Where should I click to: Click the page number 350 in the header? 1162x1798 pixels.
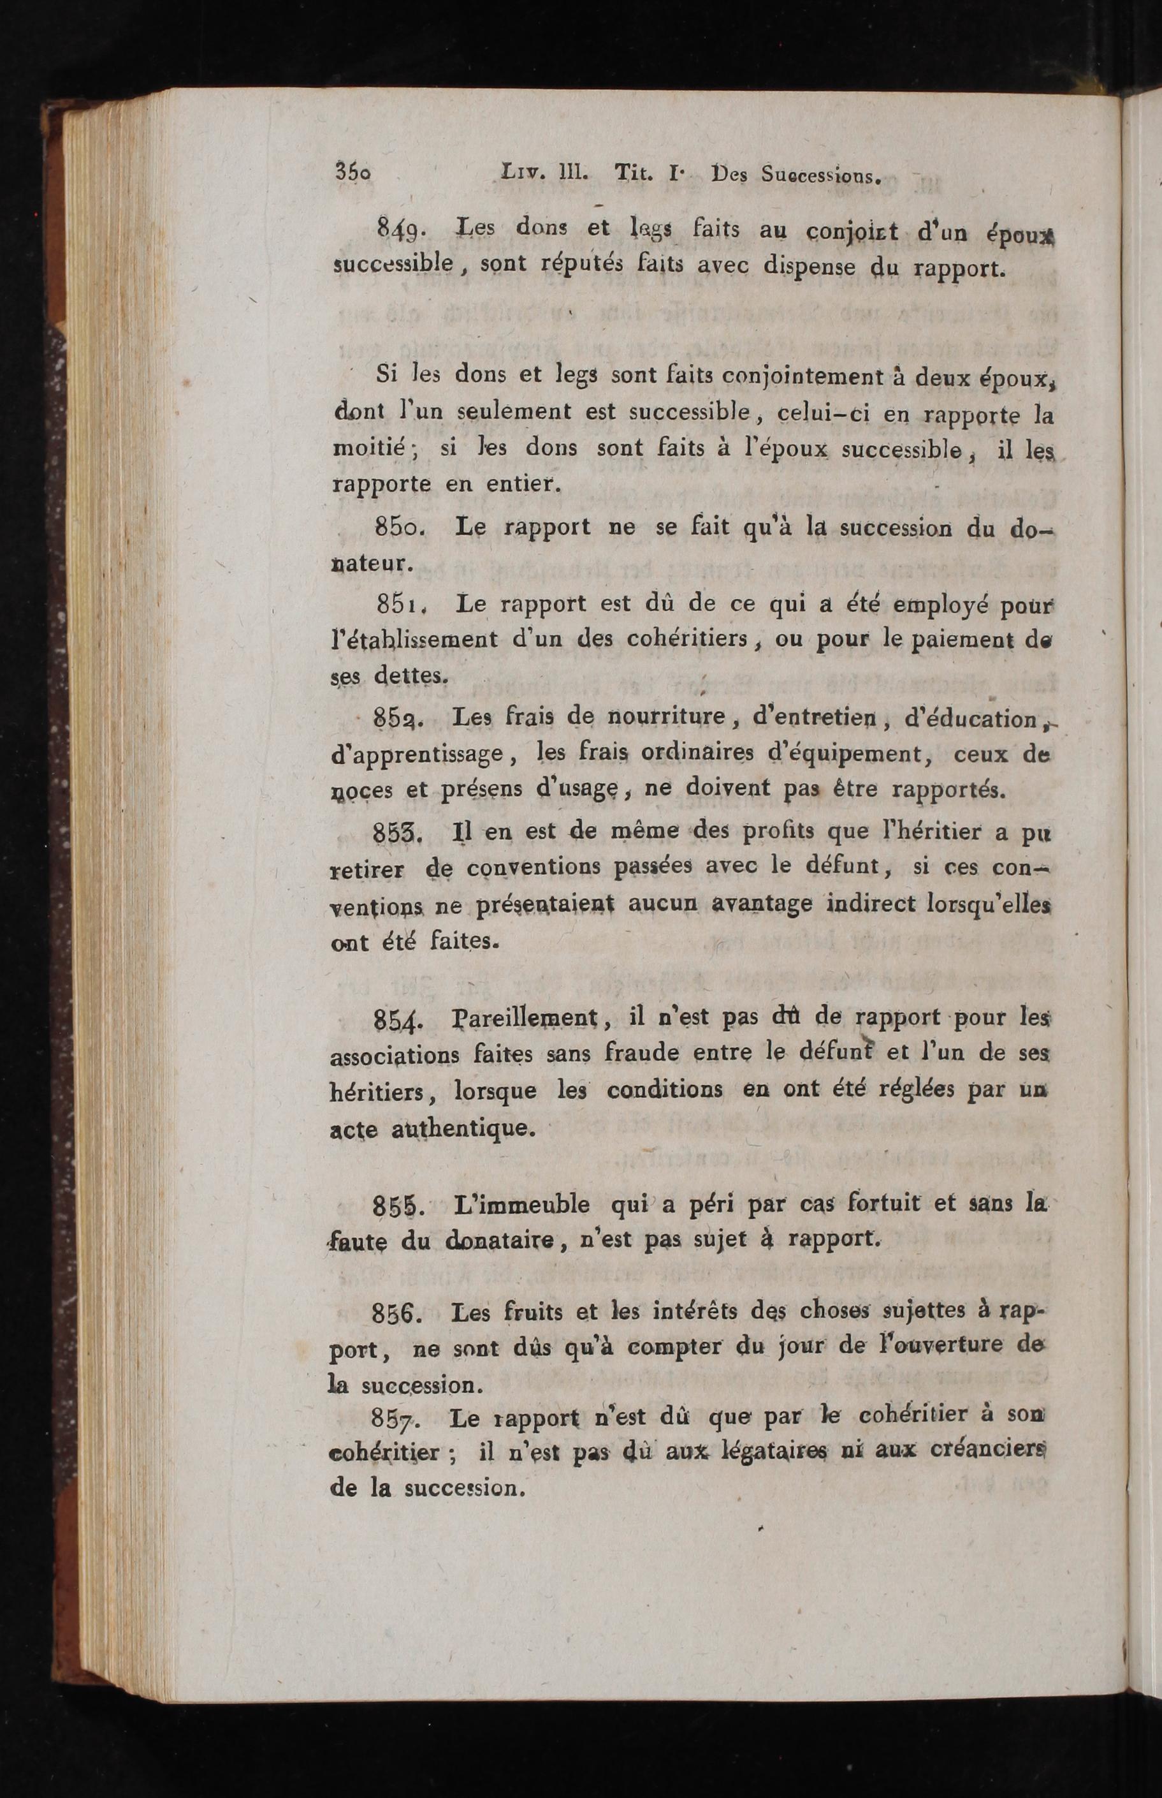click(x=353, y=173)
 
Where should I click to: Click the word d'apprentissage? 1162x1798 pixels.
click(x=418, y=753)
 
